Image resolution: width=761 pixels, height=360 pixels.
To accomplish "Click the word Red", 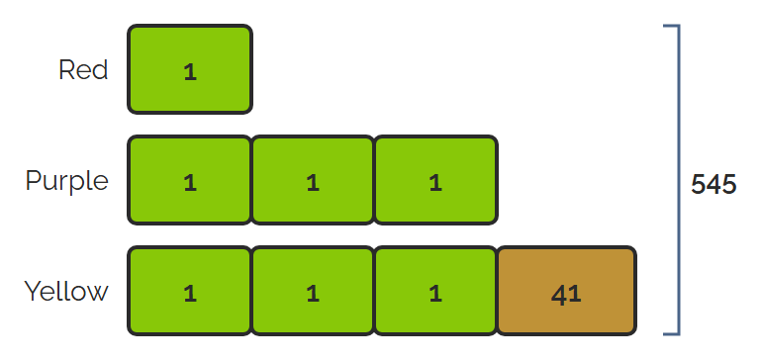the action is pyautogui.click(x=83, y=70).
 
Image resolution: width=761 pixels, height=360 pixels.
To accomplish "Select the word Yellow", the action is pyautogui.click(x=66, y=292).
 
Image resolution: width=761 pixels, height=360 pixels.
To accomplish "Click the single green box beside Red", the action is pyautogui.click(x=190, y=69).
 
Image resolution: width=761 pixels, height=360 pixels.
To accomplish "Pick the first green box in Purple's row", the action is pyautogui.click(x=190, y=180).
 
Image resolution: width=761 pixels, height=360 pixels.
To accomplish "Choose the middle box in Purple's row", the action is pyautogui.click(x=313, y=180).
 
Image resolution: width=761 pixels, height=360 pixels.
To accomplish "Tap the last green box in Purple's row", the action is pyautogui.click(x=435, y=180).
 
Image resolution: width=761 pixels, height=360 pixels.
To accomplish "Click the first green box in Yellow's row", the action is pyautogui.click(x=190, y=291).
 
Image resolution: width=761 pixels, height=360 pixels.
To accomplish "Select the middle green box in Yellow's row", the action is pyautogui.click(x=313, y=291).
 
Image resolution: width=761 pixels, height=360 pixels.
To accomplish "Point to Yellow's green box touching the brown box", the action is pyautogui.click(x=435, y=291).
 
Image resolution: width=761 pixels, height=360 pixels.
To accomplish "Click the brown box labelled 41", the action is pyautogui.click(x=566, y=291).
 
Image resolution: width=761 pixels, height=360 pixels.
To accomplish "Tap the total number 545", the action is pyautogui.click(x=713, y=185).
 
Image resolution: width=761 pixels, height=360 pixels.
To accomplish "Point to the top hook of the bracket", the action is pyautogui.click(x=671, y=26).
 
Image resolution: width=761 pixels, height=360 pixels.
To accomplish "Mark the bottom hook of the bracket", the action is pyautogui.click(x=671, y=334).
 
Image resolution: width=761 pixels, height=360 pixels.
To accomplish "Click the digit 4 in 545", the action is pyautogui.click(x=713, y=185).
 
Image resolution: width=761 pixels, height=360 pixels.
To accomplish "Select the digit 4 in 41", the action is pyautogui.click(x=559, y=295).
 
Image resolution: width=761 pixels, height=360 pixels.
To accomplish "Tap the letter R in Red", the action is pyautogui.click(x=67, y=70).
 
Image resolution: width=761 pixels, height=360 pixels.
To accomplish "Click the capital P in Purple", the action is pyautogui.click(x=32, y=180).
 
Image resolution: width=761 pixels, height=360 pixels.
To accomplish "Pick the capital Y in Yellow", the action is pyautogui.click(x=33, y=292).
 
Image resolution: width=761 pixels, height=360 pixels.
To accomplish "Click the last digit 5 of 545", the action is pyautogui.click(x=729, y=185).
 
